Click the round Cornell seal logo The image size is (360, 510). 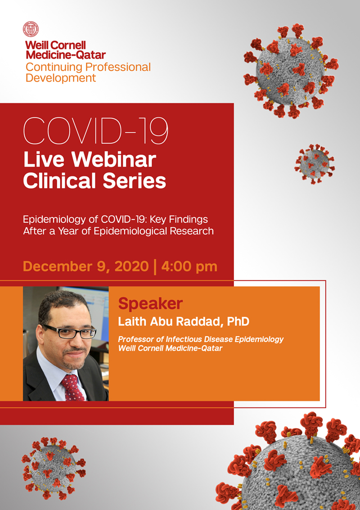31,29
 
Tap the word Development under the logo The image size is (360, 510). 61,78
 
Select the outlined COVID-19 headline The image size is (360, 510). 95,131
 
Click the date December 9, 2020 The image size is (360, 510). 86,267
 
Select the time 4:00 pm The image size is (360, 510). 189,267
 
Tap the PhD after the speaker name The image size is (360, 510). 238,322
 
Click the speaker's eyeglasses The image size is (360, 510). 70,331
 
